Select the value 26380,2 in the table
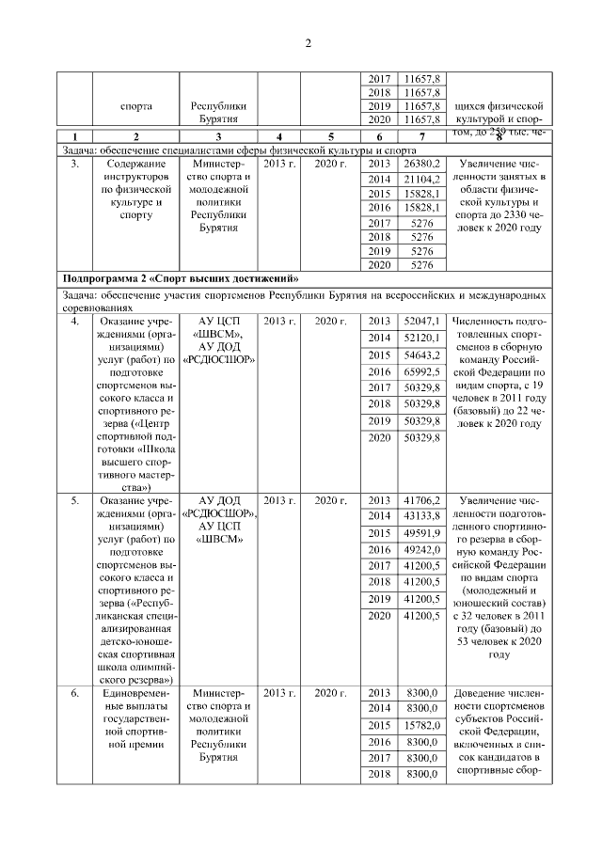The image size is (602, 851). pos(421,164)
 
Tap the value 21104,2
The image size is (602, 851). pos(421,179)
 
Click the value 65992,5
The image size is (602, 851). pos(421,372)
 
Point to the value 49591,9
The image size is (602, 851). pos(421,532)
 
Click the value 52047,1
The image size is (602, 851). pos(421,322)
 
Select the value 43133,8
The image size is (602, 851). pos(421,516)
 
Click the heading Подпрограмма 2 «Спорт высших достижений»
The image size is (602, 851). pos(179,279)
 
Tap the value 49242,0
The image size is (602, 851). pos(421,549)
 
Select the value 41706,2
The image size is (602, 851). pos(421,500)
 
